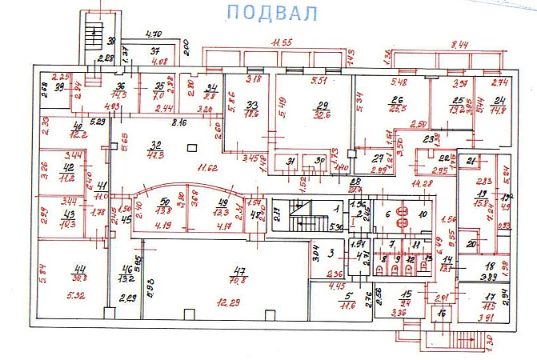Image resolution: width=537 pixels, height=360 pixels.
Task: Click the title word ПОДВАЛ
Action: click(272, 14)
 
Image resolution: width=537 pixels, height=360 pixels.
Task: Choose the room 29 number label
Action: click(323, 106)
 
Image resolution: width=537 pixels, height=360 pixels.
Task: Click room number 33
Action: click(251, 106)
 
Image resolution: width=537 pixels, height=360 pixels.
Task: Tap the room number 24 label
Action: click(499, 100)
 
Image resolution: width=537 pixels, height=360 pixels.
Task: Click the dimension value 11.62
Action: click(208, 169)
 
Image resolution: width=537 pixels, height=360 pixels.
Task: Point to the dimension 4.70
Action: click(153, 34)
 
